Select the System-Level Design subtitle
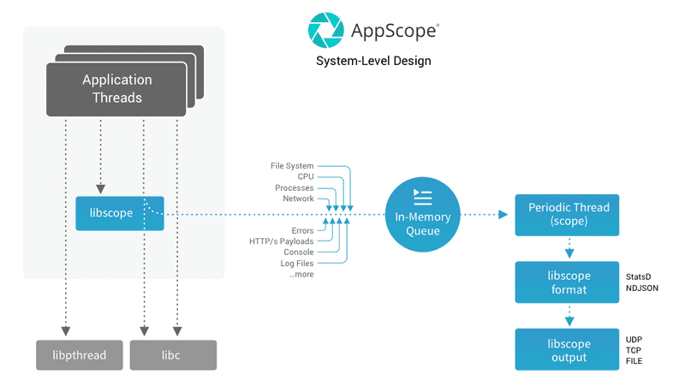click(x=373, y=62)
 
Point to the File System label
click(x=292, y=165)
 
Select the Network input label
click(x=298, y=199)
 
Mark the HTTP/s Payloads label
click(x=281, y=241)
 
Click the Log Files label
click(x=297, y=264)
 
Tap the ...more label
click(x=301, y=275)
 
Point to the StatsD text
click(x=640, y=277)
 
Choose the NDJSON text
click(x=642, y=288)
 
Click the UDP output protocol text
click(x=634, y=340)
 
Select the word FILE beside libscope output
click(x=634, y=361)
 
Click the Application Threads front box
click(x=117, y=89)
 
